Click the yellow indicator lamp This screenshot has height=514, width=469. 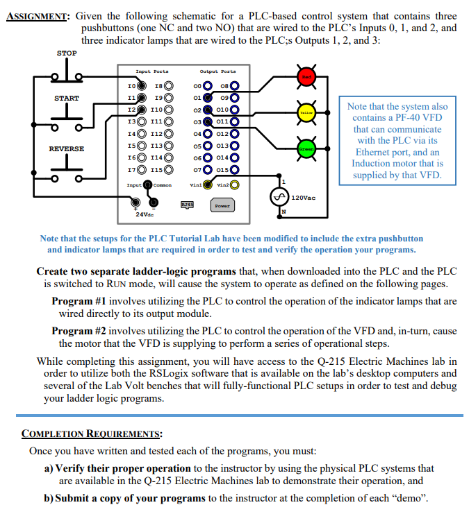click(x=306, y=112)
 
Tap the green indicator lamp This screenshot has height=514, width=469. click(x=306, y=149)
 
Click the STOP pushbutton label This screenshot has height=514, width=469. click(x=67, y=53)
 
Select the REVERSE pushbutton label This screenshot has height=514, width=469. click(x=67, y=148)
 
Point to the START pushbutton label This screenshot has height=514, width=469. click(x=67, y=98)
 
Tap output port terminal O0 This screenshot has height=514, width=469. click(x=207, y=87)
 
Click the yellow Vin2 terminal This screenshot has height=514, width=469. click(x=235, y=185)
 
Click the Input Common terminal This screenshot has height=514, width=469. click(x=148, y=185)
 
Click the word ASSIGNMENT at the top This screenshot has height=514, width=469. click(x=35, y=16)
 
